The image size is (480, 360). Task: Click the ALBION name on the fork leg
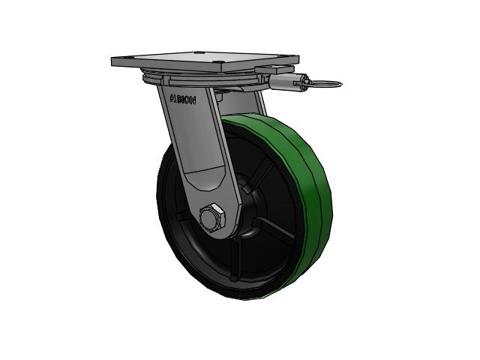pyautogui.click(x=183, y=99)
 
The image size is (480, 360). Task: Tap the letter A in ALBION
pyautogui.click(x=172, y=97)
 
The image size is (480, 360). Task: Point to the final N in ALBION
pyautogui.click(x=193, y=101)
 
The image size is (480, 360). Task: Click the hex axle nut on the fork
pyautogui.click(x=212, y=217)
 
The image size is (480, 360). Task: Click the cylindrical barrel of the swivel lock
pyautogui.click(x=282, y=82)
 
